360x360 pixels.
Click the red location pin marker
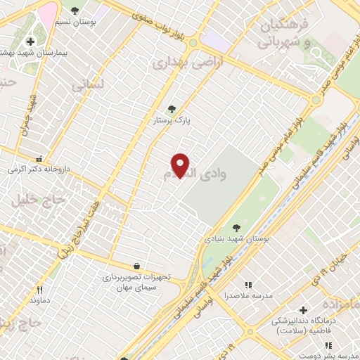point(181,165)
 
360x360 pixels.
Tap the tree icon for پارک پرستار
point(172,109)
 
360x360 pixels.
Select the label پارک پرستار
point(172,121)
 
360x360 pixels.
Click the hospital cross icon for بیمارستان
point(30,41)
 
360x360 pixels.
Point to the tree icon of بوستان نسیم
point(75,10)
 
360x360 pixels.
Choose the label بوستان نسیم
point(87,22)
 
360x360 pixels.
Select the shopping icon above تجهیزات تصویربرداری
point(136,266)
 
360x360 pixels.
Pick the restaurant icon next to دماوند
point(40,289)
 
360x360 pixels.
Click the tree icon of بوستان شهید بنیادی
point(236,227)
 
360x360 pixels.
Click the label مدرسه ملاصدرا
point(247,295)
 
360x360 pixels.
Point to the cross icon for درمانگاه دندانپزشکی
point(303,310)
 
